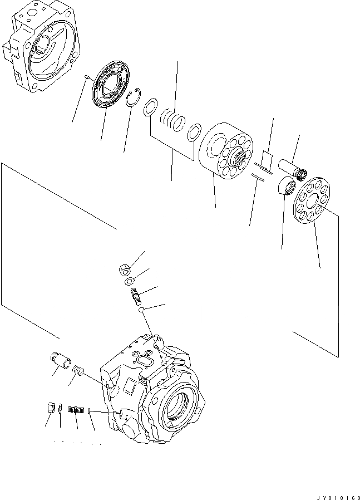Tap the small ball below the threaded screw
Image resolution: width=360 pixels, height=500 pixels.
tap(142, 310)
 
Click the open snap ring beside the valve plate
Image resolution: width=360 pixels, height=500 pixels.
tap(132, 99)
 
